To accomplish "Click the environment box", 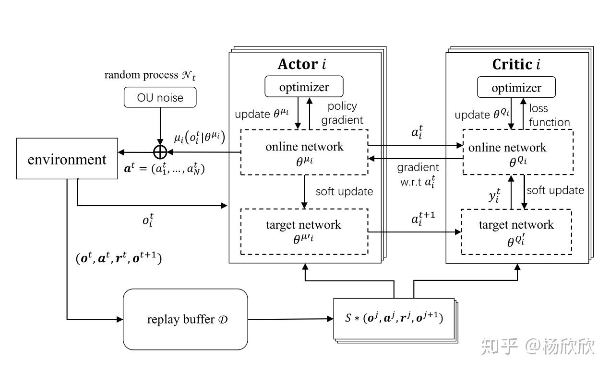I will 67,159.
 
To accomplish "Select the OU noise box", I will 160,98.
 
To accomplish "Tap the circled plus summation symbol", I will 160,152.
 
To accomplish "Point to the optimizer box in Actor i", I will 304,87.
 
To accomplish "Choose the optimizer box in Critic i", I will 516,88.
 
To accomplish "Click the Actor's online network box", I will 304,152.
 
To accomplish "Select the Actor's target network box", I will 304,231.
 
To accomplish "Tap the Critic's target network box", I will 516,231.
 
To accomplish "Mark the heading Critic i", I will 516,64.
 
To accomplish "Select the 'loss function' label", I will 550,115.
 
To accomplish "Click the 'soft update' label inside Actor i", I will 344,191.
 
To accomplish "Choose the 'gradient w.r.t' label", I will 418,174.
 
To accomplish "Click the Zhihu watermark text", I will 538,347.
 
